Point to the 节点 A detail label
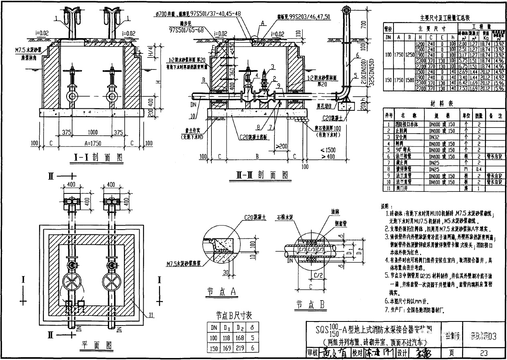point(227,292)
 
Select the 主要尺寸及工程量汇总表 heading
point(444,18)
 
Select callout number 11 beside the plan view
point(150,316)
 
